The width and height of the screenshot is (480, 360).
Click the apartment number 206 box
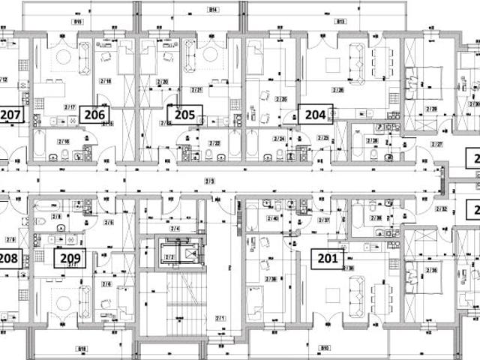click(94, 115)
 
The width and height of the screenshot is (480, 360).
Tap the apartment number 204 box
click(316, 115)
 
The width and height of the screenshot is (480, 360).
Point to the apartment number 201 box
click(327, 259)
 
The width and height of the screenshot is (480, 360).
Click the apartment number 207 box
click(10, 115)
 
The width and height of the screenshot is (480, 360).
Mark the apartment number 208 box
click(9, 259)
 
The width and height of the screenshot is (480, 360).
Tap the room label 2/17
click(70, 107)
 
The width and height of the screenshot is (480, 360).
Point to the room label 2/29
click(431, 109)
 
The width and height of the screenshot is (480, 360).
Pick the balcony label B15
click(78, 22)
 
